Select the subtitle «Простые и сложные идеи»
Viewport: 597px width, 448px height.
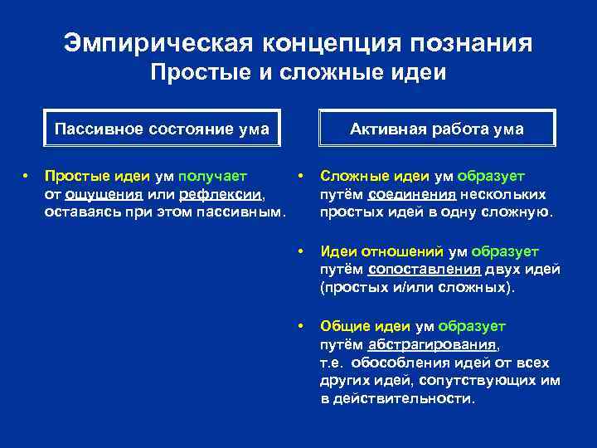coord(298,73)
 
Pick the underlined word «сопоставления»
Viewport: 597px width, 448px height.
coord(424,269)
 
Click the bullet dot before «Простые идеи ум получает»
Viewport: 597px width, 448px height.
coord(26,176)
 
